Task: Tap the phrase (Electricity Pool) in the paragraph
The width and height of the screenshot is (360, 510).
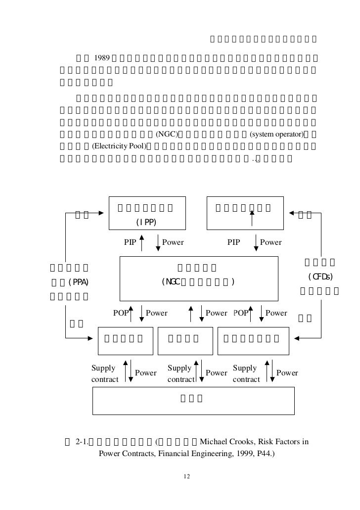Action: click(x=119, y=146)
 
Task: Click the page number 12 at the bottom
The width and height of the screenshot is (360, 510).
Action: click(x=186, y=477)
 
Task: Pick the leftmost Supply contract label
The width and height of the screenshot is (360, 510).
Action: click(x=105, y=374)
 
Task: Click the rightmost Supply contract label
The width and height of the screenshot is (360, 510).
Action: click(x=246, y=374)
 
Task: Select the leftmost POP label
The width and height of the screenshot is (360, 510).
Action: click(x=121, y=313)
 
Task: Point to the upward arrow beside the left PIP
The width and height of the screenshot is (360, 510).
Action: click(x=142, y=243)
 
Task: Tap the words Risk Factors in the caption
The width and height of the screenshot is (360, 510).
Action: click(x=279, y=441)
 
